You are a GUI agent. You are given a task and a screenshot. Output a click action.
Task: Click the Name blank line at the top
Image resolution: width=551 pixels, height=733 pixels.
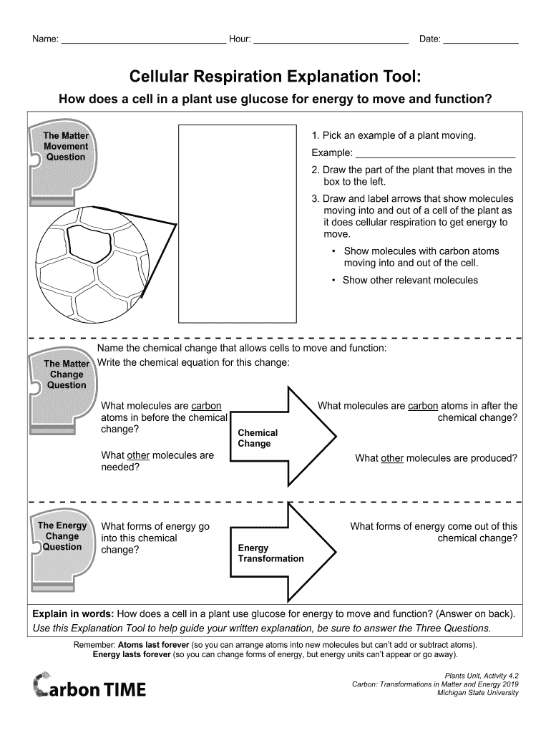click(x=143, y=41)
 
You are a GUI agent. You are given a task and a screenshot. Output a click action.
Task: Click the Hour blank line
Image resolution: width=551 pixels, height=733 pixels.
click(x=331, y=41)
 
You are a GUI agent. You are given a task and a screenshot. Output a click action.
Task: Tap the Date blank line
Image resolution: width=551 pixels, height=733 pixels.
click(x=480, y=41)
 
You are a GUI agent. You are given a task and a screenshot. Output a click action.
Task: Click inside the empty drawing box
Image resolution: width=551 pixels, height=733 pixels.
click(x=237, y=223)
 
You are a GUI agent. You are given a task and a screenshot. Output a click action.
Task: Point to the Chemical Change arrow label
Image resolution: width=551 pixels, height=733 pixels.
click(x=258, y=438)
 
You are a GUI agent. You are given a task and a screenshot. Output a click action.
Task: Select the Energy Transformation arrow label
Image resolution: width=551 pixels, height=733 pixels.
click(x=270, y=553)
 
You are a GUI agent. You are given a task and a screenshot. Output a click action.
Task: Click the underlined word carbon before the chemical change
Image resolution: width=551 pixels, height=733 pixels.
click(x=206, y=406)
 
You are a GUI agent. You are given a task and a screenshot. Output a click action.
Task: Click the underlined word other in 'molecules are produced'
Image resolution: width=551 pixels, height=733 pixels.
click(x=392, y=458)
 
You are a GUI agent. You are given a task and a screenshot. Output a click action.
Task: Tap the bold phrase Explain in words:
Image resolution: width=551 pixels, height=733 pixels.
click(x=73, y=614)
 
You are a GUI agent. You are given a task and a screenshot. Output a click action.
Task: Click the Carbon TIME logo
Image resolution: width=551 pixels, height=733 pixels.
click(x=89, y=688)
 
